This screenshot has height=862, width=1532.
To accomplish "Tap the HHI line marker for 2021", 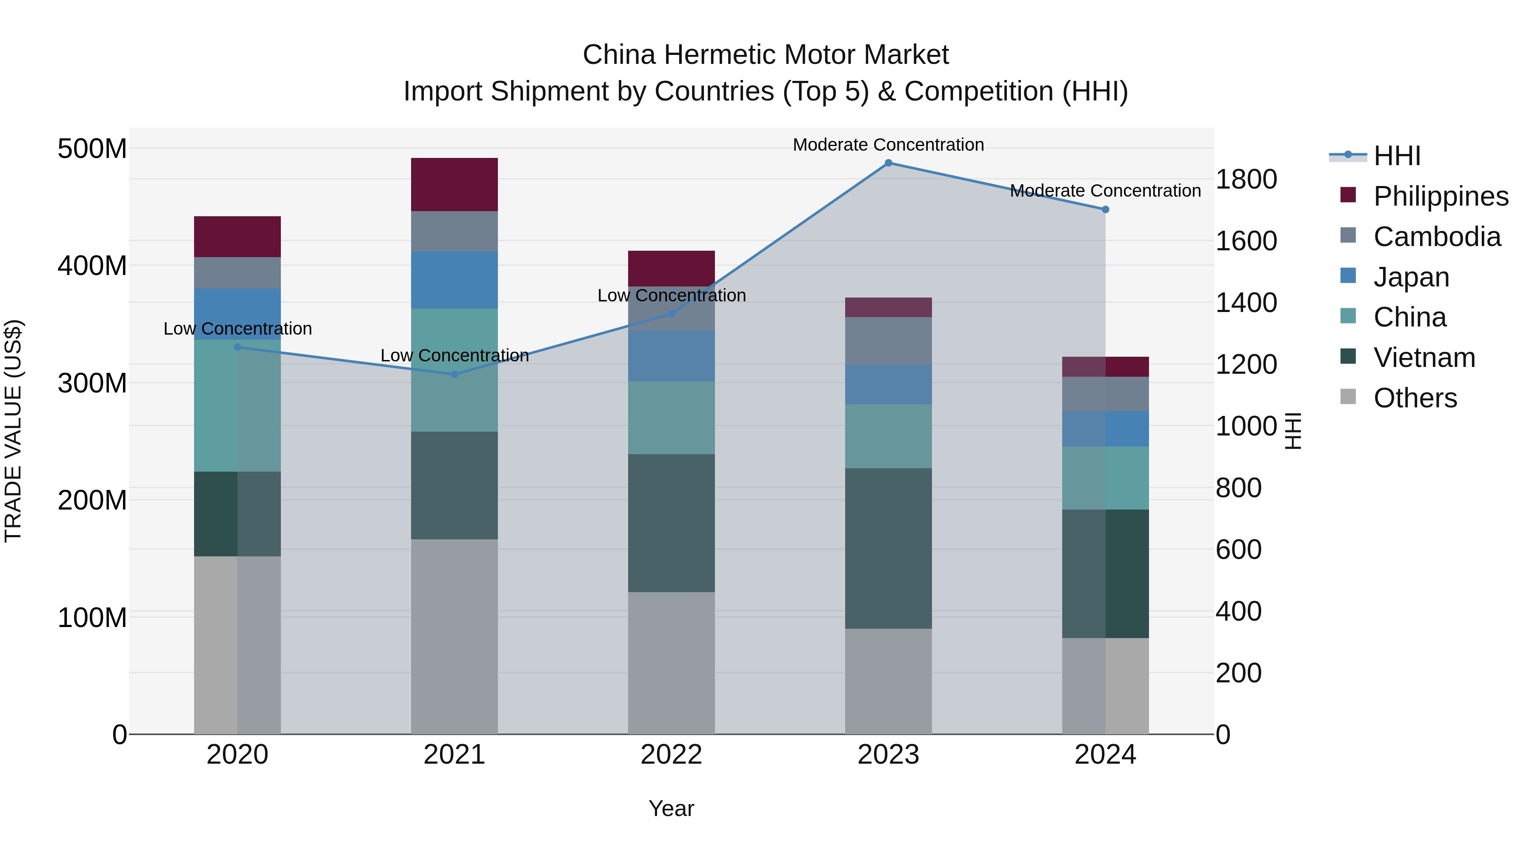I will [x=454, y=374].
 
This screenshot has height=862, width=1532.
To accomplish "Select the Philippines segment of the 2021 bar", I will [x=454, y=184].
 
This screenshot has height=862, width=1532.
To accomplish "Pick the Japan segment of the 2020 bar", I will [x=237, y=313].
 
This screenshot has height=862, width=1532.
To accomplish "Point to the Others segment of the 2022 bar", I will [x=672, y=663].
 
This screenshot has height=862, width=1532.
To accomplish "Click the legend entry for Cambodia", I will [x=1436, y=237].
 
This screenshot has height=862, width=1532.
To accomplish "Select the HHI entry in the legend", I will [x=1396, y=156].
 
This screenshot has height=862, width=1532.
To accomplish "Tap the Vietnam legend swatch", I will [x=1348, y=357].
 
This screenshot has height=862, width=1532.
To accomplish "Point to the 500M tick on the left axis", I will [x=92, y=148].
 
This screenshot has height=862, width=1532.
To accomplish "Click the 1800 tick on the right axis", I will [x=1246, y=179].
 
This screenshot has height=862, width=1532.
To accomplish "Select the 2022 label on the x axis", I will [x=672, y=755].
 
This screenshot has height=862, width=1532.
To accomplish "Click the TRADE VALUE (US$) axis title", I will [x=13, y=431].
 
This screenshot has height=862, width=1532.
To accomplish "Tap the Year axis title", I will [x=672, y=808].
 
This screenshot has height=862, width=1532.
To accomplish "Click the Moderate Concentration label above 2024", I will [x=1105, y=191].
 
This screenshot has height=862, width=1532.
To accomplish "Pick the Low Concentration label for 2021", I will [x=454, y=356].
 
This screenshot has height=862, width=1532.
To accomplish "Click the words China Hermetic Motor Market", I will [x=766, y=55].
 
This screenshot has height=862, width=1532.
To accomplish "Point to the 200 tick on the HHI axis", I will [x=1238, y=673].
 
